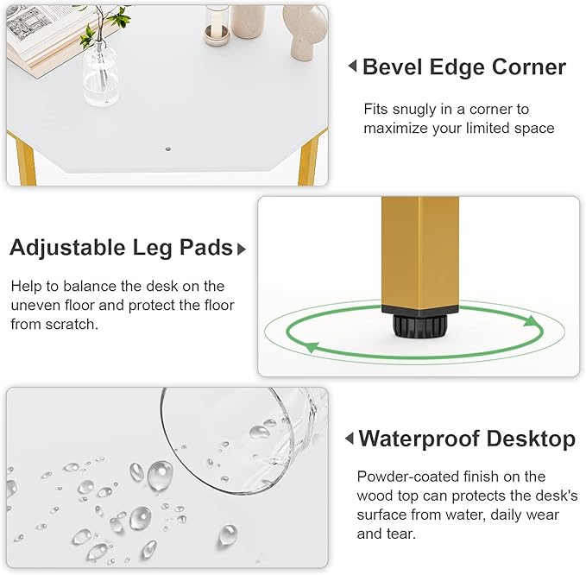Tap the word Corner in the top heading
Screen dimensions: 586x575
coord(529,67)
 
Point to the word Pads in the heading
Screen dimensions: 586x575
coord(206,248)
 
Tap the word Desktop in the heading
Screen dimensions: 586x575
coord(531,439)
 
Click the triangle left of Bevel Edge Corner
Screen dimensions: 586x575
coord(352,66)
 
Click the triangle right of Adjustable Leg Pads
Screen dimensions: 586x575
coord(242,249)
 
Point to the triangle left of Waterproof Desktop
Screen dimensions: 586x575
coord(350,438)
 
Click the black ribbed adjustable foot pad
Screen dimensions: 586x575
coord(420,326)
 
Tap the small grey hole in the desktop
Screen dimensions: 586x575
coord(168,148)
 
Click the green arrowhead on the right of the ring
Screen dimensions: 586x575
coord(532,321)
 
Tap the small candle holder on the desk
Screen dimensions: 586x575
coord(216,35)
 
